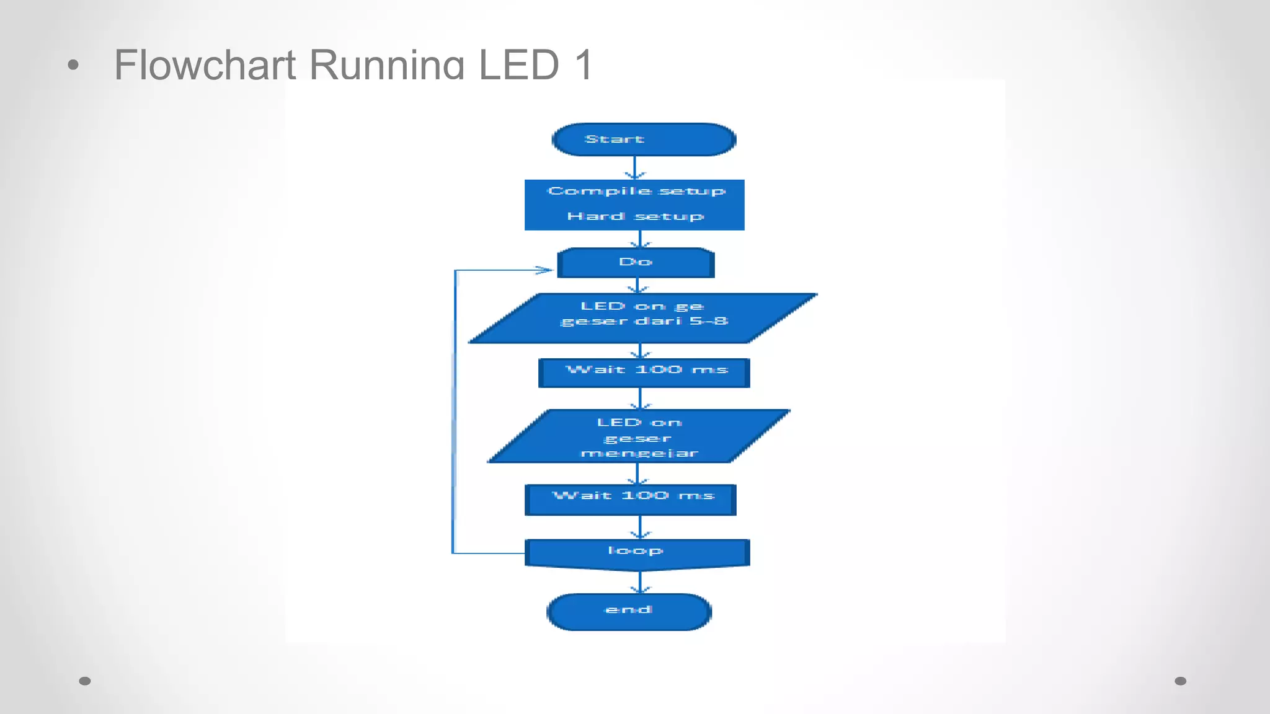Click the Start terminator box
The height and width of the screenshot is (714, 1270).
tap(644, 139)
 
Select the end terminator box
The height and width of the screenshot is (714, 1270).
tap(629, 612)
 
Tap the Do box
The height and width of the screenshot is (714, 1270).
tap(636, 263)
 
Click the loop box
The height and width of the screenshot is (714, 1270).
tap(637, 553)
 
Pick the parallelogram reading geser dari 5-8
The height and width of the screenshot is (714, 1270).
tap(643, 318)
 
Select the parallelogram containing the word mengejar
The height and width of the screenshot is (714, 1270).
tap(639, 436)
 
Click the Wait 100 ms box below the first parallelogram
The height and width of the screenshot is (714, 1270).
tap(644, 372)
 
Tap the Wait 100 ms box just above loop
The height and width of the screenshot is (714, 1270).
tap(631, 500)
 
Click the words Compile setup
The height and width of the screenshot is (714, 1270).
tap(636, 192)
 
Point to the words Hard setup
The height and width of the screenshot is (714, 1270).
tap(635, 216)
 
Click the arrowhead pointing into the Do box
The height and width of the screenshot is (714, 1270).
tap(544, 270)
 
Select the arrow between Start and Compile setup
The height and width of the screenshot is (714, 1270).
tap(634, 167)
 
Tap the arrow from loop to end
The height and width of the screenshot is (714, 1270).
tap(640, 581)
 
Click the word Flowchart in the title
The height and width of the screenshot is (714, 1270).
tap(205, 65)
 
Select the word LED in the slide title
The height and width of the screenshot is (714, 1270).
tap(518, 65)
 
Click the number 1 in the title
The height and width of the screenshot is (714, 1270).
tap(583, 65)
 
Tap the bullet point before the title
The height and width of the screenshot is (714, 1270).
tap(73, 65)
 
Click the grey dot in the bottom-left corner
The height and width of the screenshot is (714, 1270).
tap(85, 681)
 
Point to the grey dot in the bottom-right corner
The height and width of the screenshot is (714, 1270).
tap(1180, 681)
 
